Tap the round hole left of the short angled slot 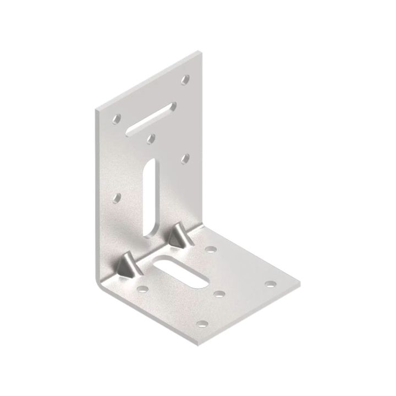(117, 118)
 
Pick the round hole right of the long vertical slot (185, 158)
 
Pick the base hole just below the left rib (142, 288)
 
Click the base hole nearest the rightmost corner (270, 284)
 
